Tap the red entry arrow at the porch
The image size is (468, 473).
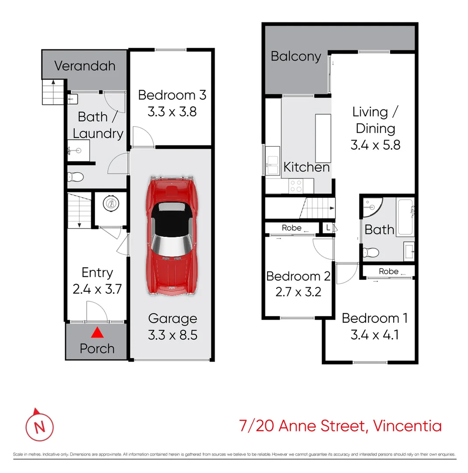97,334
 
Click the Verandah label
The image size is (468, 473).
85,66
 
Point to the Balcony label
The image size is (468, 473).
296,56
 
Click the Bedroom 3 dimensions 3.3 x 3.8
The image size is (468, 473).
172,112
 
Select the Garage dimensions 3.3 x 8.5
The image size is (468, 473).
172,335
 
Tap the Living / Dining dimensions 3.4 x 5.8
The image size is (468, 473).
375,145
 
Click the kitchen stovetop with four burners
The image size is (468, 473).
296,186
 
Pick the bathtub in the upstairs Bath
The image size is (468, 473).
405,217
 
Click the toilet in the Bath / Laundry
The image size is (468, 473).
76,177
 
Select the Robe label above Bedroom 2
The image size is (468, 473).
292,228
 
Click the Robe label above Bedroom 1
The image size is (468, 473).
388,272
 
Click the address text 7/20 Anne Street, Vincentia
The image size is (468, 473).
340,425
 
